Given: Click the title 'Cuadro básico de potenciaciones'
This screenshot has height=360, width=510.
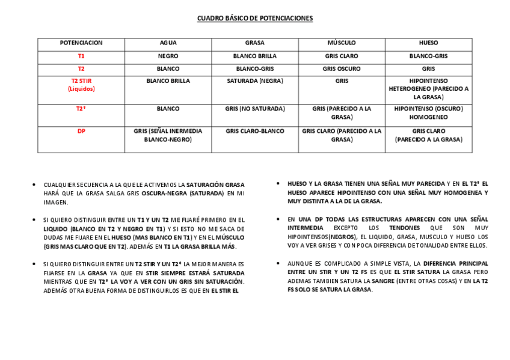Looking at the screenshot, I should pyautogui.click(x=255, y=19).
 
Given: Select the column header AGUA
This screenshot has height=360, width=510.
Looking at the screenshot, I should pyautogui.click(x=168, y=43).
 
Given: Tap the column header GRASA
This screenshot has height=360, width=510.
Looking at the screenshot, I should pyautogui.click(x=254, y=43).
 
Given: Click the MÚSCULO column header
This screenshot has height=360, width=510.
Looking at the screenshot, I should pyautogui.click(x=342, y=43).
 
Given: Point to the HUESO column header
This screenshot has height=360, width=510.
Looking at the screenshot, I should pyautogui.click(x=428, y=43).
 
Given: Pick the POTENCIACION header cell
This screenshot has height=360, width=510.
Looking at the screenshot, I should pyautogui.click(x=81, y=43).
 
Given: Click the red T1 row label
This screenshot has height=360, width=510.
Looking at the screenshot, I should pyautogui.click(x=81, y=56).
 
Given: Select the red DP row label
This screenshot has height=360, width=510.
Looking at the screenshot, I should pyautogui.click(x=81, y=131).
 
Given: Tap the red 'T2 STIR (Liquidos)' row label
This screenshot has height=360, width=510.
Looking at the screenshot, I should pyautogui.click(x=81, y=84).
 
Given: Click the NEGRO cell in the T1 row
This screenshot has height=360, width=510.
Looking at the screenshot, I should pyautogui.click(x=168, y=56).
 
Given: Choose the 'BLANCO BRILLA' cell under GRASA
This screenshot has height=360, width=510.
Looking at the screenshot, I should pyautogui.click(x=254, y=56).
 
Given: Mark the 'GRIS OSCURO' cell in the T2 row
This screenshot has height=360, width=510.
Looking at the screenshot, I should pyautogui.click(x=342, y=69).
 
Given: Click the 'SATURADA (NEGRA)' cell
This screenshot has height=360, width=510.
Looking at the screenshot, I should pyautogui.click(x=254, y=81).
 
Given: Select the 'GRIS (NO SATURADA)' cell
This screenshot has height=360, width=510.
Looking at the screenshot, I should pyautogui.click(x=254, y=109).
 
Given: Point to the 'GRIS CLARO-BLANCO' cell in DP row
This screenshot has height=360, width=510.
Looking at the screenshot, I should pyautogui.click(x=254, y=131).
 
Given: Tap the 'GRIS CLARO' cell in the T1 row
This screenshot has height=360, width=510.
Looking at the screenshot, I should pyautogui.click(x=342, y=56).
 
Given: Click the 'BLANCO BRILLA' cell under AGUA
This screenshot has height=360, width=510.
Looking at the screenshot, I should pyautogui.click(x=168, y=81).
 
